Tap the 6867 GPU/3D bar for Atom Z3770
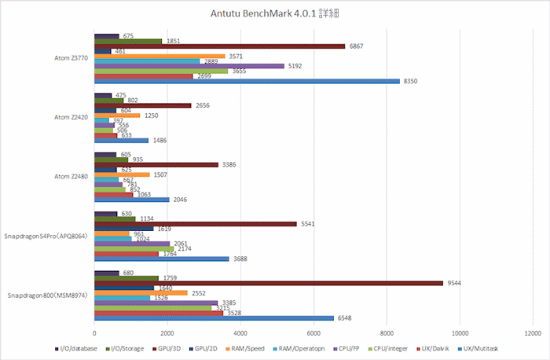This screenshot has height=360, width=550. (x=219, y=46)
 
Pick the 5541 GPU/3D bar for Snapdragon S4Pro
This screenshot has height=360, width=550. (x=196, y=223)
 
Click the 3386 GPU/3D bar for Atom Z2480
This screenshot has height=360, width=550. (x=156, y=164)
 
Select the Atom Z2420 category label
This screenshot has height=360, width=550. (x=71, y=118)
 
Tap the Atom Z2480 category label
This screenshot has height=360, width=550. (x=71, y=177)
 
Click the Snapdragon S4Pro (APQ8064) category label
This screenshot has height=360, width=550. (x=47, y=236)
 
